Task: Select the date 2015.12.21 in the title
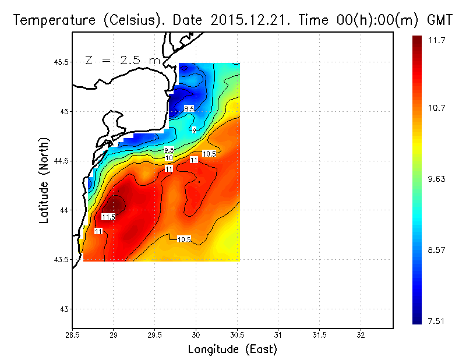coord(257,20)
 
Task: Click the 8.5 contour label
coord(189,109)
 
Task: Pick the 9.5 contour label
coord(169,150)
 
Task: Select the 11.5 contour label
coord(108,217)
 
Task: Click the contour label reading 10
coord(169,158)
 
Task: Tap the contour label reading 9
coord(194,131)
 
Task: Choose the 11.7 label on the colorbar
coord(437,40)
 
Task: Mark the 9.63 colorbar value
coord(437,179)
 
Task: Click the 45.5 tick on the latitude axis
coord(61,62)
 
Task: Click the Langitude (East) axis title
coord(232,350)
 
